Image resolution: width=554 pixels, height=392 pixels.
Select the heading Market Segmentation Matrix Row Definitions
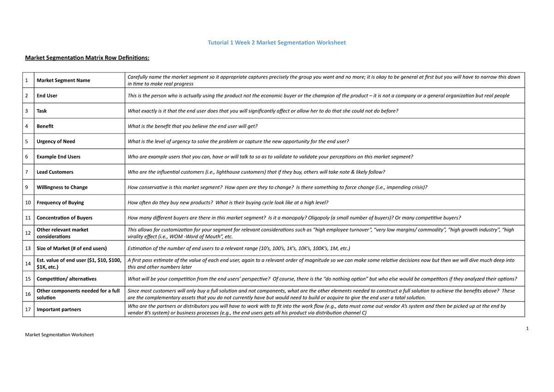[87, 58]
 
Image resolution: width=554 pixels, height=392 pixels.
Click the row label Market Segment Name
[63, 80]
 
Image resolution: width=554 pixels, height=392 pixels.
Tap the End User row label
[47, 96]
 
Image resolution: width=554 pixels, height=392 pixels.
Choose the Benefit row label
[45, 126]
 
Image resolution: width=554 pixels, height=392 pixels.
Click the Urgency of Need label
[56, 141]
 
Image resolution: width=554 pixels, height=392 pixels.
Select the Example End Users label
[58, 157]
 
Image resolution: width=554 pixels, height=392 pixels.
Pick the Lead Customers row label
[55, 172]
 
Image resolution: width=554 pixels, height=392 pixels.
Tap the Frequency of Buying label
[60, 202]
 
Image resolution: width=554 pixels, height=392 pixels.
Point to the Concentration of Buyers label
[64, 218]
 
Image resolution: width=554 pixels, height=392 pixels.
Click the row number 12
[28, 233]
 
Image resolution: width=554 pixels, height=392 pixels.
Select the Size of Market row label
[72, 248]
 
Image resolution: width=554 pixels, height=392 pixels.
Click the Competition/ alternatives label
[66, 279]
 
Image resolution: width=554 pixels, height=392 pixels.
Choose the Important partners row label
[59, 309]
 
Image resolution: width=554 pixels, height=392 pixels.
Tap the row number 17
[28, 309]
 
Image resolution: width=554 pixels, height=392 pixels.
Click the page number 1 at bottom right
[526, 329]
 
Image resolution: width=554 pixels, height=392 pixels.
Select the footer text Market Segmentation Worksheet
[59, 335]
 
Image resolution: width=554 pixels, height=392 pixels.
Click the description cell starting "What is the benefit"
[192, 126]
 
